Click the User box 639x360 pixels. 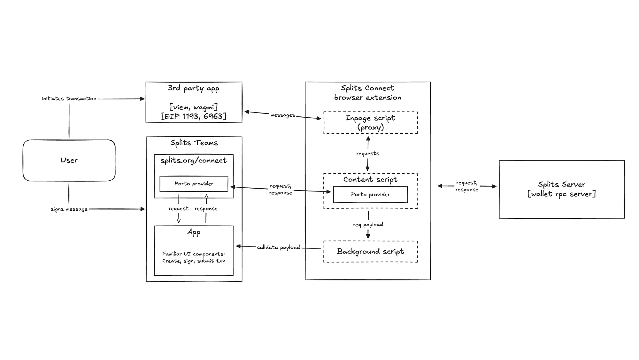click(69, 160)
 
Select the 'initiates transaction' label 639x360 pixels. click(69, 98)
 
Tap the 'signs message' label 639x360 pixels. click(69, 209)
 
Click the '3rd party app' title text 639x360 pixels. click(194, 88)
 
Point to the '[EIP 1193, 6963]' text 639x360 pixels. click(194, 116)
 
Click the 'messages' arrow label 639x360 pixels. click(282, 115)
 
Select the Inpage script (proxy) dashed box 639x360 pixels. click(370, 123)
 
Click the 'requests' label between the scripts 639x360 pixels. click(367, 153)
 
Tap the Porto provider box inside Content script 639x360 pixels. click(370, 194)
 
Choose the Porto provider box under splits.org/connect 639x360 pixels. click(194, 184)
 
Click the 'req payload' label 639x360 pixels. click(368, 224)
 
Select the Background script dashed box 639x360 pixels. click(370, 252)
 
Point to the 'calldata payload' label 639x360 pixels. click(278, 247)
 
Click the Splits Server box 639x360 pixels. click(561, 189)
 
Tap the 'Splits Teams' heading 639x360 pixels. click(194, 143)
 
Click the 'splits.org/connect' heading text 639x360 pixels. click(194, 160)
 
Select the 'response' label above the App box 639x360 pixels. click(206, 208)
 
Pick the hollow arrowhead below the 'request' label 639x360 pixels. click(179, 220)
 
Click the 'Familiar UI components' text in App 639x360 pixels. click(194, 254)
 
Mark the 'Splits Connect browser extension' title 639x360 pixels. click(367, 93)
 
